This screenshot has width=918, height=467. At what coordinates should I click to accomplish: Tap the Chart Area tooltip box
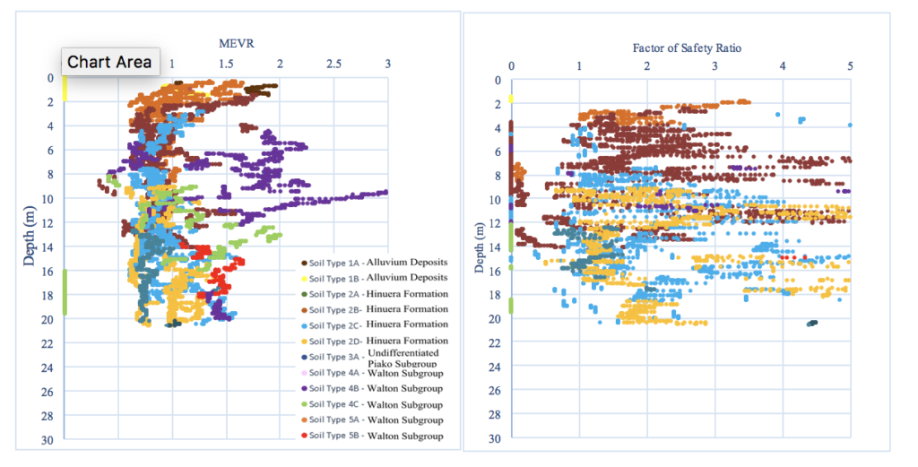tap(109, 62)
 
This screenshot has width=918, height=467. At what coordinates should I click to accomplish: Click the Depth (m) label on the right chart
tap(480, 239)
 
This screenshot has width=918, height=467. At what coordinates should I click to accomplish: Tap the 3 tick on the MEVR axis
tap(387, 64)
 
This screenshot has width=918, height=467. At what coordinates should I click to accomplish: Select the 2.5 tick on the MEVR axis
tap(333, 64)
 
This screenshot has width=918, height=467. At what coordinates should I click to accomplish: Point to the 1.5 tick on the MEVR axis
tap(226, 64)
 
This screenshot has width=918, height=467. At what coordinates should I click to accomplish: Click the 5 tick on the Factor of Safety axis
tap(850, 65)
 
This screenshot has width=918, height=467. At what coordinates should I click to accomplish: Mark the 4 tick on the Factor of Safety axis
tap(783, 65)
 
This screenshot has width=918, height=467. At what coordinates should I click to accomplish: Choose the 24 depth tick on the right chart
tap(495, 368)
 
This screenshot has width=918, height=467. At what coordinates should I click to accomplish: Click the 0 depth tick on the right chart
tap(497, 81)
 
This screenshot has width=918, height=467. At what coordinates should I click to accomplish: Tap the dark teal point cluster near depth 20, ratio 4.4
tap(811, 323)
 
